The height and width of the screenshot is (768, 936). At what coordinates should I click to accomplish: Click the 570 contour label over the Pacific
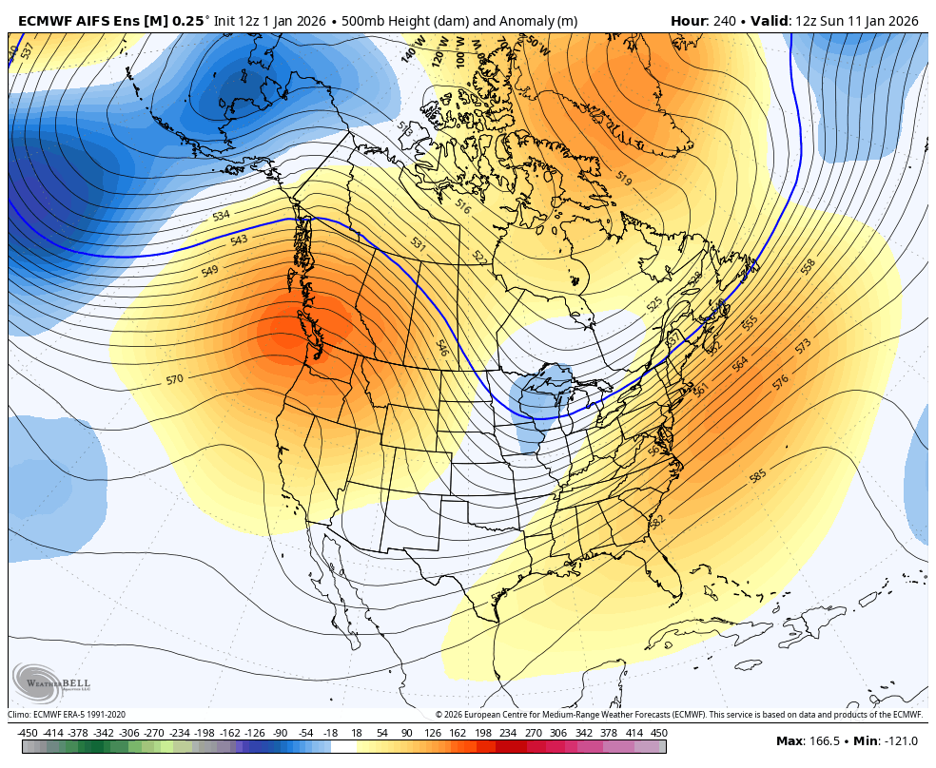click(174, 379)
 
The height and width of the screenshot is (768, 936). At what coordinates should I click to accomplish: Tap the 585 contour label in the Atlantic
click(758, 475)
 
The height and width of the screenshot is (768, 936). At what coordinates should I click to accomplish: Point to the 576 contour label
click(781, 381)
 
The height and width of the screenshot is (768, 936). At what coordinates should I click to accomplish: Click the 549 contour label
click(209, 272)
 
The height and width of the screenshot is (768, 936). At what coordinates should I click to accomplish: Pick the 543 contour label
click(239, 240)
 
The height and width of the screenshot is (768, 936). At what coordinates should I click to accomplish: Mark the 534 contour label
click(221, 216)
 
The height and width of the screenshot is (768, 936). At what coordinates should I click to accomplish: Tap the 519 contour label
click(624, 178)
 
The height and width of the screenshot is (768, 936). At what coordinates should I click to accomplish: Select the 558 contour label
click(809, 267)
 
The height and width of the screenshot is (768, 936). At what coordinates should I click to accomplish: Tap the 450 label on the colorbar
click(658, 733)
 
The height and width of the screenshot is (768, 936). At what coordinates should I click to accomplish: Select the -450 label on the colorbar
click(28, 733)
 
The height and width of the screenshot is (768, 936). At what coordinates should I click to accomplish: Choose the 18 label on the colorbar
click(357, 733)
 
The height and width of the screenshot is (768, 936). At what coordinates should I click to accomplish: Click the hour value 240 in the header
click(725, 21)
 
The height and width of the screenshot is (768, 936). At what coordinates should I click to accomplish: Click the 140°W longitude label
click(411, 53)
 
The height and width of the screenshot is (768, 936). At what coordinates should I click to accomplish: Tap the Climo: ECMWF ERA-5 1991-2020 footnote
click(67, 715)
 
